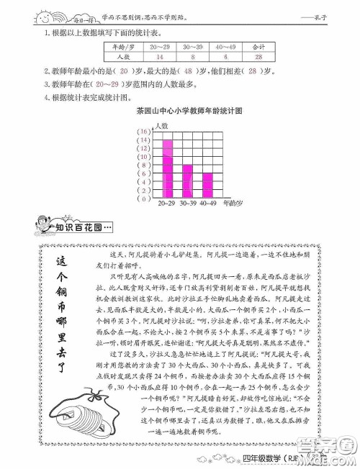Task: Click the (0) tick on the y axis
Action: [x=144, y=201]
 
